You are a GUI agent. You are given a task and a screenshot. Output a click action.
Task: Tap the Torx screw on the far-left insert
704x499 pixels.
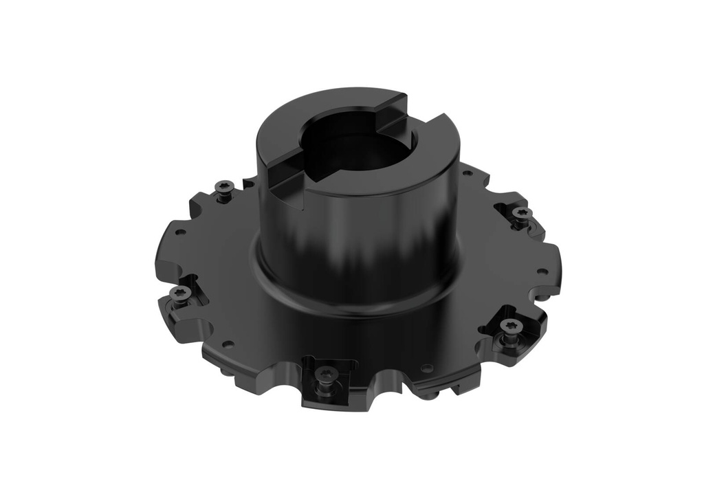point(180,293)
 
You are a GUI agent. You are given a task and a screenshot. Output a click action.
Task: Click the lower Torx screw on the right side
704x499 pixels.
point(509,325)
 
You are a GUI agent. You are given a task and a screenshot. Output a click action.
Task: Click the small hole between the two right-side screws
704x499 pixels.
point(542,272)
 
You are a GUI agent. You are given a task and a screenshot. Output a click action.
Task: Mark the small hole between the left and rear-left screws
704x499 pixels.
point(180,232)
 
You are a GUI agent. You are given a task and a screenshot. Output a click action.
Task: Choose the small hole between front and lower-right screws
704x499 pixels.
point(427,368)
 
